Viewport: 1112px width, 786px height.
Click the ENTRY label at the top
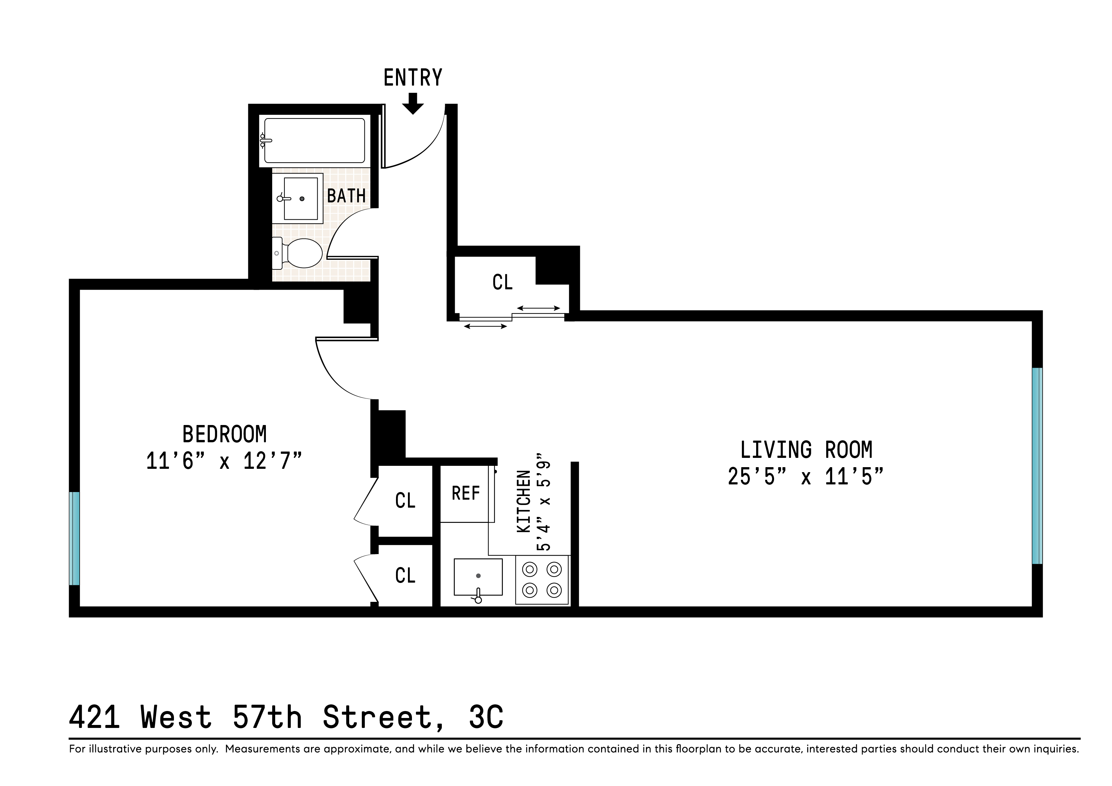[x=413, y=77]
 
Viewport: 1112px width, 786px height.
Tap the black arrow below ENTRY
[x=413, y=104]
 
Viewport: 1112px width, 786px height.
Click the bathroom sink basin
[x=300, y=198]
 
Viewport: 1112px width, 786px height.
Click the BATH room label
[x=346, y=196]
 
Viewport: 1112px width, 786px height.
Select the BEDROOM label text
[x=224, y=434]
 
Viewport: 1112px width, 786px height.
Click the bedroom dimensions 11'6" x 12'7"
[x=224, y=461]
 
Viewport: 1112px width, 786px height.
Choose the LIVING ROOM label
[x=806, y=450]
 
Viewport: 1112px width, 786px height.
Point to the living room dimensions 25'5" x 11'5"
[x=806, y=477]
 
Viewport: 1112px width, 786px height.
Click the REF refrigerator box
[x=465, y=494]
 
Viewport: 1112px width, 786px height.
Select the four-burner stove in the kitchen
[x=542, y=579]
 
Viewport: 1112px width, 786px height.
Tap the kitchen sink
[x=478, y=577]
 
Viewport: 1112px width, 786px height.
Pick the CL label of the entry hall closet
[x=502, y=282]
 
